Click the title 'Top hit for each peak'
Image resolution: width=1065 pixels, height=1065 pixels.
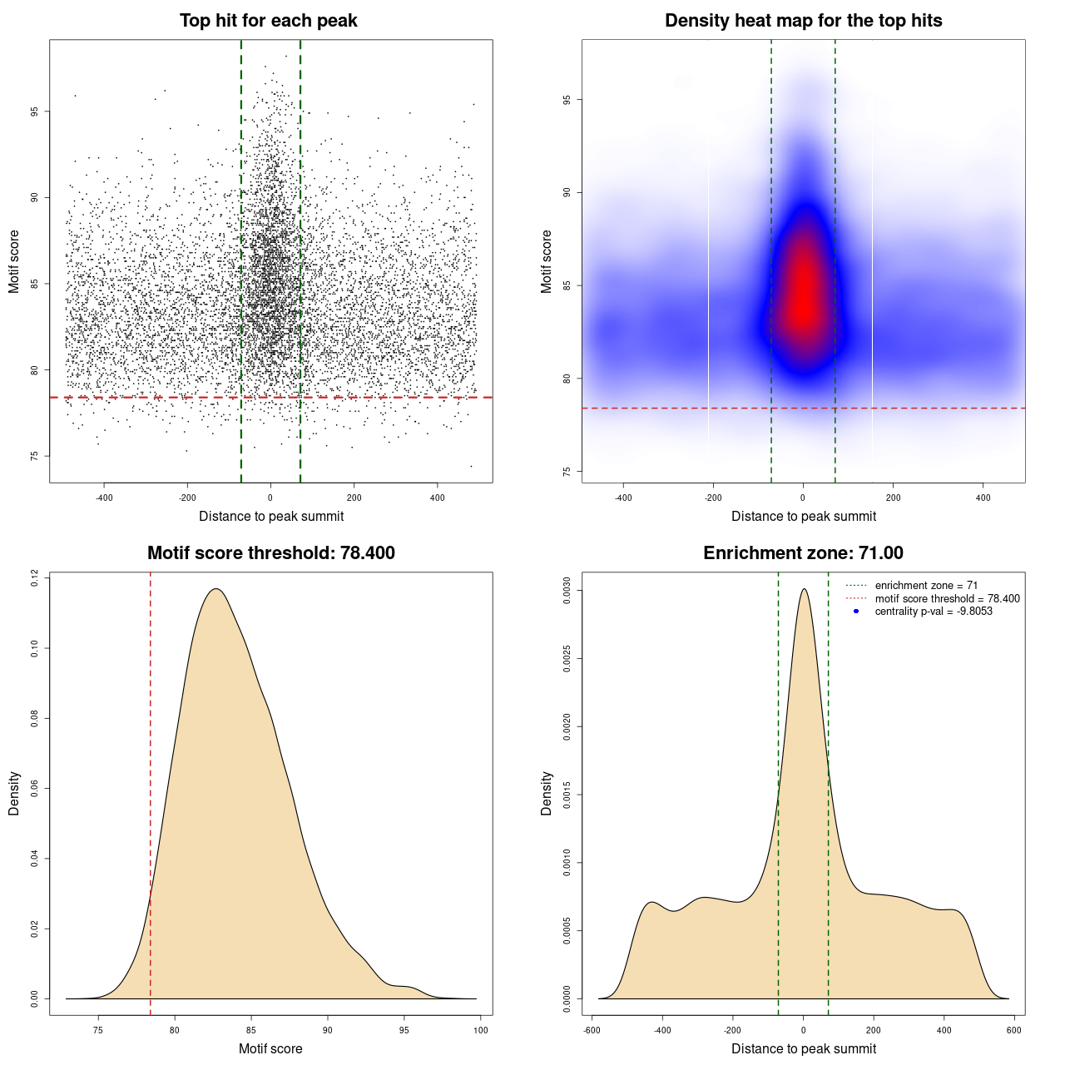click(x=269, y=21)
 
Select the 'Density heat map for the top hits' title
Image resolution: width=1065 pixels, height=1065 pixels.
click(x=803, y=21)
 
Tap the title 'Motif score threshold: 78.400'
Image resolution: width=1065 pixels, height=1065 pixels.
click(x=270, y=553)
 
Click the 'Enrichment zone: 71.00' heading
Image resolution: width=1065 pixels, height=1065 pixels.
click(x=803, y=553)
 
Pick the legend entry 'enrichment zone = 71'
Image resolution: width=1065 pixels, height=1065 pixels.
click(x=926, y=586)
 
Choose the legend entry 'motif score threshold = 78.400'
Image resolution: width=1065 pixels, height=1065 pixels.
click(x=947, y=598)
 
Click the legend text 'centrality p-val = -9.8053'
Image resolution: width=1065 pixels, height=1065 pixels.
click(x=934, y=612)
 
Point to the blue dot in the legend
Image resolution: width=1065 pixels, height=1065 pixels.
click(x=856, y=612)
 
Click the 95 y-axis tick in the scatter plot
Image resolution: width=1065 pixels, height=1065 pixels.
click(x=34, y=111)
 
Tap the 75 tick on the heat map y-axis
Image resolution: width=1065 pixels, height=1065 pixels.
click(x=567, y=472)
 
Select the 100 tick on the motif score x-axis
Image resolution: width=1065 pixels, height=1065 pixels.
click(x=481, y=1030)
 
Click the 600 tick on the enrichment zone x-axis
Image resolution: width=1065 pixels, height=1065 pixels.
click(x=1013, y=1030)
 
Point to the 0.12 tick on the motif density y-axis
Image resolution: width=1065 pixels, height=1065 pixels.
click(x=34, y=577)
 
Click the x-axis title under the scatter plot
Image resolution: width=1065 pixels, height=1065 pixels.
click(x=271, y=517)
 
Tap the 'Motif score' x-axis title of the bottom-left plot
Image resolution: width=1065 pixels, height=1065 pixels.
click(x=270, y=1049)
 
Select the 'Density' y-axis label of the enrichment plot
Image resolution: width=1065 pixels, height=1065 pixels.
click(x=547, y=794)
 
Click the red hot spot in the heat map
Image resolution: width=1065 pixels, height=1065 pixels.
click(x=803, y=291)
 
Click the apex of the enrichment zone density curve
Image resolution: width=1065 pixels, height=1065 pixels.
click(x=804, y=589)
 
